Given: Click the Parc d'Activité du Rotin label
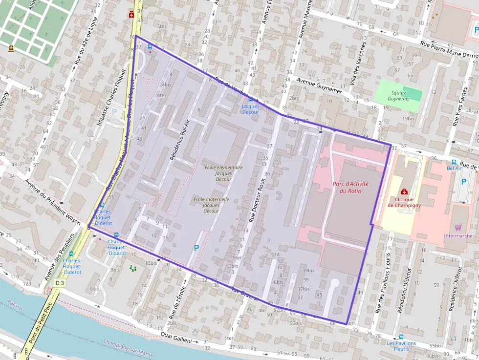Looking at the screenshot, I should click(x=350, y=187).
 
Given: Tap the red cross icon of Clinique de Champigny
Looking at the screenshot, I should click(x=404, y=191).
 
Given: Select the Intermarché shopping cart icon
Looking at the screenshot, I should click(x=458, y=227).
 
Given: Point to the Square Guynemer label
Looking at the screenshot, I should click(x=399, y=96).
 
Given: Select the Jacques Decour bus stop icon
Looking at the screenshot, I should click(x=251, y=99).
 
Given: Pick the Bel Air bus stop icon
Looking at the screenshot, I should click(x=454, y=162).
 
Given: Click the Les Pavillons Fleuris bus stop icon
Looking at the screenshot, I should click(x=401, y=337).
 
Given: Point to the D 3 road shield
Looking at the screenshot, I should click(x=60, y=283).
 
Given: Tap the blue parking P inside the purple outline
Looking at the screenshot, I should click(x=196, y=248).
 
